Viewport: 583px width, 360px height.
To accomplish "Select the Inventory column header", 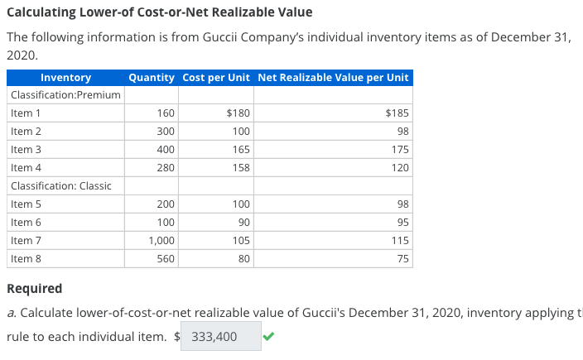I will coord(65,78).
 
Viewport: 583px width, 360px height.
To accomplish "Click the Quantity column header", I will coord(152,78).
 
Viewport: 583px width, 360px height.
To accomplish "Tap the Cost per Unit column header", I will coord(216,78).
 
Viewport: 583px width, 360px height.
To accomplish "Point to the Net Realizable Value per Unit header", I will coord(333,78).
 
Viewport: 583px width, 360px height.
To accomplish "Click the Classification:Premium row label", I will coord(65,95).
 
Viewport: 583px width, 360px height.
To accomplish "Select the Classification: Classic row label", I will coord(61,185).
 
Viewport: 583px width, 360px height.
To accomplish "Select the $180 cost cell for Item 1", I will coord(238,113).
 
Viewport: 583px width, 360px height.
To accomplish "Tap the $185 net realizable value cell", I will coord(397,113).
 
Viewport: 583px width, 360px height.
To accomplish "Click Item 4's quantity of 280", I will coord(165,167).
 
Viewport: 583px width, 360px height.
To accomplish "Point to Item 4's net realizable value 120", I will coord(400,167).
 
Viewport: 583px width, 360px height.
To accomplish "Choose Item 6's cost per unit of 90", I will coord(243,222).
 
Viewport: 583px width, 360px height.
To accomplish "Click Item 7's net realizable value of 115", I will coord(400,240).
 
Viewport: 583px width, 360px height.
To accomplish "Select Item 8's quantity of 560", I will coord(165,258).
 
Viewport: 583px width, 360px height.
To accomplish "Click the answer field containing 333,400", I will coord(221,337).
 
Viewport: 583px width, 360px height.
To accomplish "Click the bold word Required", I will coord(34,289).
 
